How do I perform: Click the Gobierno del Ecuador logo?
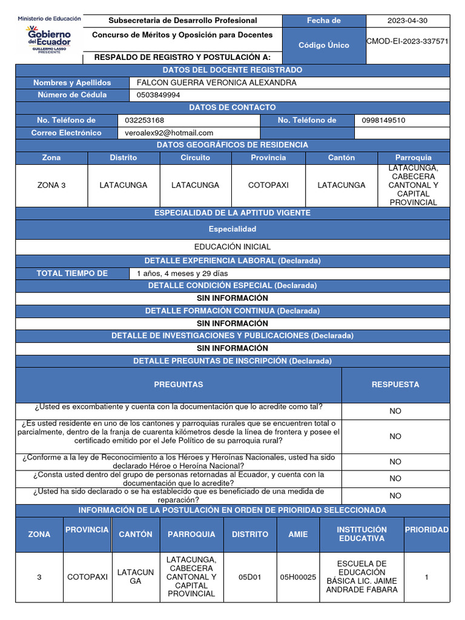click(49, 36)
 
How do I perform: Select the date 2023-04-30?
click(407, 21)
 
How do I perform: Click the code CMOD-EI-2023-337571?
click(407, 42)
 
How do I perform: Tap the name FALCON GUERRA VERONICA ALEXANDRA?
click(217, 82)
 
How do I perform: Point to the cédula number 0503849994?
click(158, 95)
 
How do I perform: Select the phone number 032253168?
click(144, 120)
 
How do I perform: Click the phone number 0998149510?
click(383, 120)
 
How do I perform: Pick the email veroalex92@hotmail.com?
click(169, 133)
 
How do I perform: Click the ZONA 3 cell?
click(51, 185)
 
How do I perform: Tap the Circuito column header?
click(195, 157)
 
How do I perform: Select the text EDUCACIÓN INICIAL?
click(232, 247)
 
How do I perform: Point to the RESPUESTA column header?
click(395, 384)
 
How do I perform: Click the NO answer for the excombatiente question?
click(395, 411)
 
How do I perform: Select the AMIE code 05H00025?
click(298, 577)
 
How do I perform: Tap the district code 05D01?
click(249, 577)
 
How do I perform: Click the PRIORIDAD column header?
click(426, 530)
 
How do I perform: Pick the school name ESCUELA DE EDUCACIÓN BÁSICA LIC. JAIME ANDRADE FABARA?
click(361, 577)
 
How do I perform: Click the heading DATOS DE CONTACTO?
click(232, 108)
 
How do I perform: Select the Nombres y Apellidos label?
click(72, 82)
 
